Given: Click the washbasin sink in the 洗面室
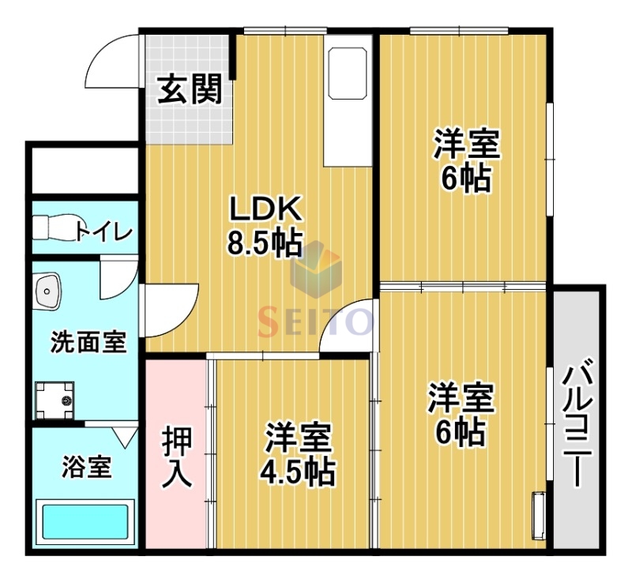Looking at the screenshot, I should pos(49,292).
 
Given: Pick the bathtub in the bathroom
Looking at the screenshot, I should pos(85,522).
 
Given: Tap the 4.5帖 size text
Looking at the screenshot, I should pos(297,472).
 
